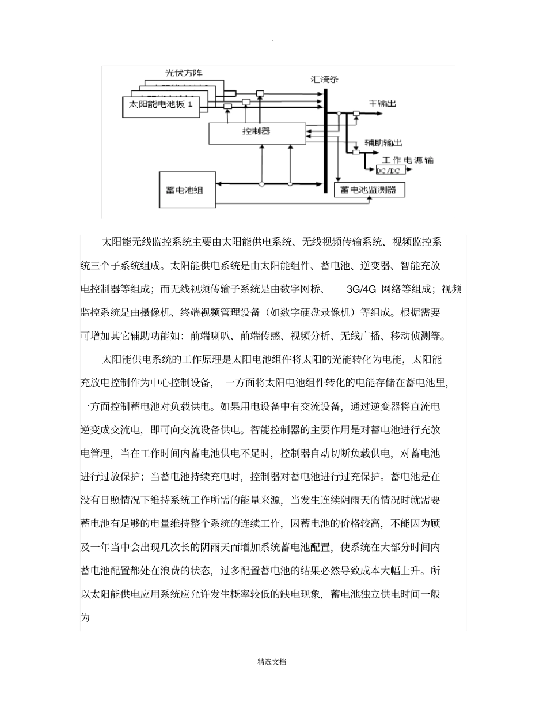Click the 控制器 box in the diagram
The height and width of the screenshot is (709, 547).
pyautogui.click(x=256, y=132)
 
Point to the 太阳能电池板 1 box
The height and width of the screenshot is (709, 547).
pyautogui.click(x=161, y=105)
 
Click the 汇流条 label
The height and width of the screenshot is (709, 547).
pyautogui.click(x=325, y=79)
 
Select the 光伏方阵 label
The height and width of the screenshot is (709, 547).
pyautogui.click(x=184, y=73)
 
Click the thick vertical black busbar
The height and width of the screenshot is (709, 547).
pyautogui.click(x=326, y=138)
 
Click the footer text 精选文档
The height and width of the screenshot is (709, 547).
pyautogui.click(x=272, y=662)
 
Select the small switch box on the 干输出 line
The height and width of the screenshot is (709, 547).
pyautogui.click(x=356, y=114)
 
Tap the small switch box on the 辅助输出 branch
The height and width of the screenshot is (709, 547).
pyautogui.click(x=355, y=153)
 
